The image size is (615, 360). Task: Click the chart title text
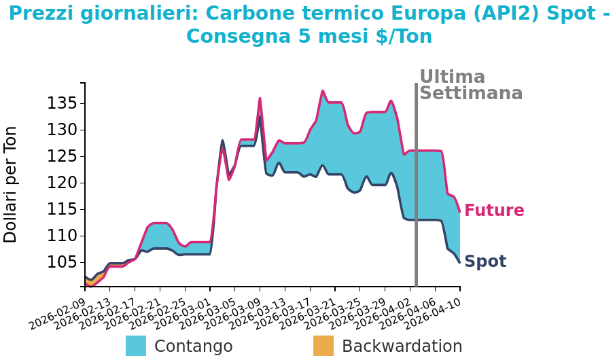(309, 24)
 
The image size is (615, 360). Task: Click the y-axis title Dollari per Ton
(11, 184)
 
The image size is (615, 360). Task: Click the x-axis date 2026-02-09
(58, 314)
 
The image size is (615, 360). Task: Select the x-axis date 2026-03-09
(233, 314)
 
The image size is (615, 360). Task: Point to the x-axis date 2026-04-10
(434, 314)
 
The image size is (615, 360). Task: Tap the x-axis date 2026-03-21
(308, 314)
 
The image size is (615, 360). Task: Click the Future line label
(494, 211)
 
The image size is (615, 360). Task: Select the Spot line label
(485, 262)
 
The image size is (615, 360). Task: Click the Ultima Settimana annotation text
(470, 86)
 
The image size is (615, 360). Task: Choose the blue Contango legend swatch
(136, 346)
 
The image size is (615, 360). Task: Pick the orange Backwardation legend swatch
(323, 346)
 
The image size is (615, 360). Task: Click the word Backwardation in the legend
(402, 346)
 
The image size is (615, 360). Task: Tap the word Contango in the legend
(193, 346)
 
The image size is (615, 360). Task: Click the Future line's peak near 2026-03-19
(323, 91)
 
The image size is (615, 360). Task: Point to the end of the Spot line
(460, 262)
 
